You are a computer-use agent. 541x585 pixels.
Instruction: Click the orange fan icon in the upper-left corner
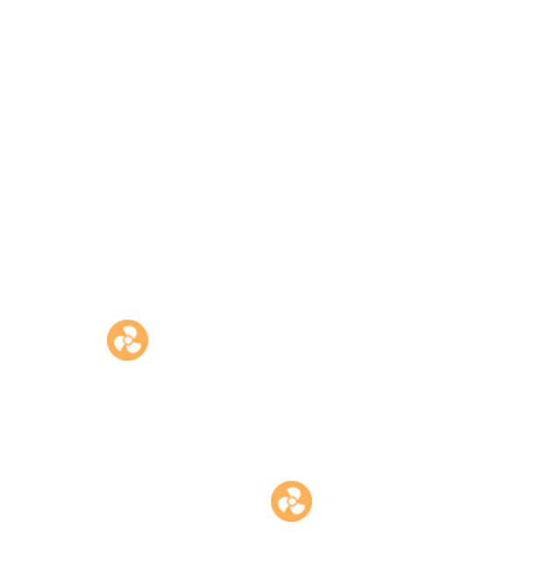127,340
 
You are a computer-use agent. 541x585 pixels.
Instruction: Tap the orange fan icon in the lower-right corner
291,501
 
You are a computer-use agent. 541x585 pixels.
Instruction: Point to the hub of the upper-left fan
128,340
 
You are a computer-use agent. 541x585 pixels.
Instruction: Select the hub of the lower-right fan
292,502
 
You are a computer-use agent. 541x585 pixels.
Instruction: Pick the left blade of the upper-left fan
119,342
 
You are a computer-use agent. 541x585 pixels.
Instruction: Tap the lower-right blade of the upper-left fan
133,348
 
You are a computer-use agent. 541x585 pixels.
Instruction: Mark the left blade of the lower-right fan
283,504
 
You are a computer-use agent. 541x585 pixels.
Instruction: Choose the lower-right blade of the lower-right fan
297,509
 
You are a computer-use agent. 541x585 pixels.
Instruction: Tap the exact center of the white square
210,420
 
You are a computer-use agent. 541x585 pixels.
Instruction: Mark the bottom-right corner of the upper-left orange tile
147,360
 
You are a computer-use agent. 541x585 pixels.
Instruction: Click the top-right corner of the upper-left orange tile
147,320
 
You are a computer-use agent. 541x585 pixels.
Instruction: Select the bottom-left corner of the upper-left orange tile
107,360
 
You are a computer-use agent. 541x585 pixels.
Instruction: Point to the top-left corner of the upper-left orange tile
107,320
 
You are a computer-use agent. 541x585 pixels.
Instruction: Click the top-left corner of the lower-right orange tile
271,481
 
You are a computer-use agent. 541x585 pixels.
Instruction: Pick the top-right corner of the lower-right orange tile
311,481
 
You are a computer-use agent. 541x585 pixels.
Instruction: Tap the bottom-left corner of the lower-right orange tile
271,521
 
